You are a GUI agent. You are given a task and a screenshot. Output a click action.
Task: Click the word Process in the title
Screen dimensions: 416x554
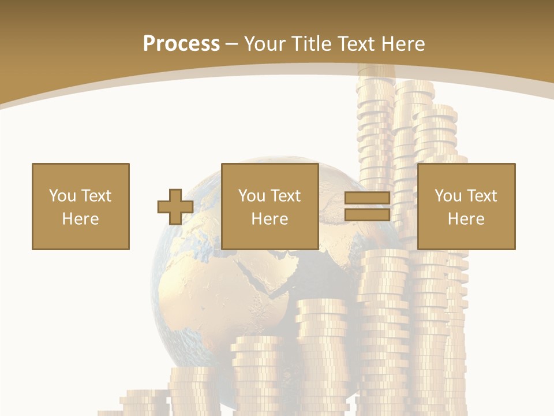(x=181, y=44)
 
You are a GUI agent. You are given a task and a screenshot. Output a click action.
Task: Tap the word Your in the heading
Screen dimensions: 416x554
(x=265, y=44)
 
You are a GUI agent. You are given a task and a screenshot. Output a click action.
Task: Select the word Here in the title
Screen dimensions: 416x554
(x=402, y=44)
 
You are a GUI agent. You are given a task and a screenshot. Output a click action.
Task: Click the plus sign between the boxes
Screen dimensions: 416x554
(x=175, y=207)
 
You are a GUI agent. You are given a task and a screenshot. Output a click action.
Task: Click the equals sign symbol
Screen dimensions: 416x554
(x=367, y=207)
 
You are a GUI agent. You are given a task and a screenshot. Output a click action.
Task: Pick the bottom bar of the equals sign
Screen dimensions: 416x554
(x=367, y=215)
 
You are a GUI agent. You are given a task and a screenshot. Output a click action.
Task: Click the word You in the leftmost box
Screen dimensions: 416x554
(x=62, y=196)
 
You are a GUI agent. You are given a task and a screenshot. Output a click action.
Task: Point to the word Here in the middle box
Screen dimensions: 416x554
(x=270, y=219)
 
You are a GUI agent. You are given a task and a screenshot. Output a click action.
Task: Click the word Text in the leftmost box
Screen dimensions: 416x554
(x=96, y=196)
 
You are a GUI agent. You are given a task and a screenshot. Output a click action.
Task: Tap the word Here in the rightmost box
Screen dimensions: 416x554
(x=466, y=219)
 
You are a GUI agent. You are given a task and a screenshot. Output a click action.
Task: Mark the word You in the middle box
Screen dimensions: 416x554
(x=252, y=196)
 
